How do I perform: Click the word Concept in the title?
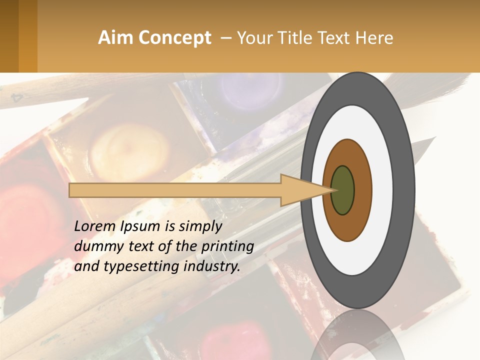pos(174,38)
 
